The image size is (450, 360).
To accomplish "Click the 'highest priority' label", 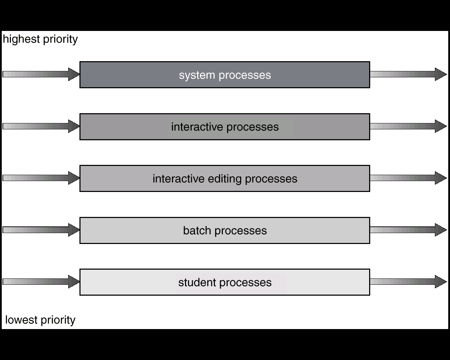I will pos(40,39).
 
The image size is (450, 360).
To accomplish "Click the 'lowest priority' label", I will pos(40,320).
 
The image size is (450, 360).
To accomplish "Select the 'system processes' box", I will pos(225,75).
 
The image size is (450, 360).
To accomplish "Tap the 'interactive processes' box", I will pos(225,127).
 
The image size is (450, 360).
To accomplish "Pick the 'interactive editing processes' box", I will pos(225,179).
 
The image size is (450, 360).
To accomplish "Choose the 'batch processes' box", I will pos(225,230).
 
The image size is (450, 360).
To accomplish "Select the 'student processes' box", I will pos(225,282).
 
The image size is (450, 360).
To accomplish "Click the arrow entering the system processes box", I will pos(41,74).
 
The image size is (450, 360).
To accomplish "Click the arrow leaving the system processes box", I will pos(408,74).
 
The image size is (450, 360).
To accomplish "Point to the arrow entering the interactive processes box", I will pos(41,126).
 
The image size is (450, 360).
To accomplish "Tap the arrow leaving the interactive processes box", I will pos(408,126).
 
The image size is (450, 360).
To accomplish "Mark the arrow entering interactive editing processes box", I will pos(41,178).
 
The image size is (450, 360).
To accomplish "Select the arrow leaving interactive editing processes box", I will pos(408,178).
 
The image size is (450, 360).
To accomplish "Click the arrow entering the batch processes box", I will pos(41,230).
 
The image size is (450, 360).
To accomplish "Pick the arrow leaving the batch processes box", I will pos(408,230).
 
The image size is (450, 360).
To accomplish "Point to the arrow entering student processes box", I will pos(41,282).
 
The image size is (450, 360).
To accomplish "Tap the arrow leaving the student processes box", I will pos(408,282).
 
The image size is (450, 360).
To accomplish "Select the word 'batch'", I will pos(197,231).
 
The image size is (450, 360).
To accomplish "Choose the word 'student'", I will pos(197,282).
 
